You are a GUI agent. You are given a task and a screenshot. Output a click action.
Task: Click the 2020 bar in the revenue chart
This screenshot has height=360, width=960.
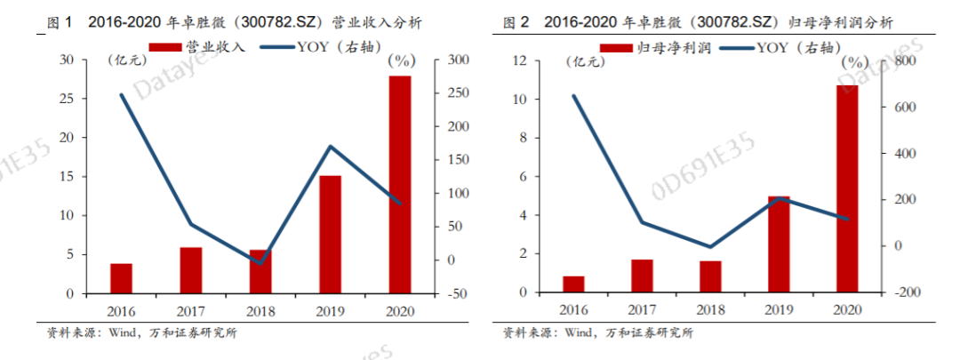click(x=399, y=185)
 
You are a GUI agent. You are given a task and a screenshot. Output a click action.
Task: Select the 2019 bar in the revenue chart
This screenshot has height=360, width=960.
click(x=330, y=235)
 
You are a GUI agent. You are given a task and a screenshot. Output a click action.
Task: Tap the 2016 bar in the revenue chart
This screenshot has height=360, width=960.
click(x=121, y=278)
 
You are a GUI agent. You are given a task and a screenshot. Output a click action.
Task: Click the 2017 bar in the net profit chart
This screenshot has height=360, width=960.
click(x=643, y=276)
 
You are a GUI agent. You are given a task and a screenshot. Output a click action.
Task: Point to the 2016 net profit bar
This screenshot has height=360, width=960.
click(x=573, y=284)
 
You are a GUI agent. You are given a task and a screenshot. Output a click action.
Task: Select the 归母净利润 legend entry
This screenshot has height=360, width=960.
click(x=657, y=46)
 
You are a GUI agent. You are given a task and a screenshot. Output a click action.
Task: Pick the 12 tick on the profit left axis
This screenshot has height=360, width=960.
click(x=520, y=60)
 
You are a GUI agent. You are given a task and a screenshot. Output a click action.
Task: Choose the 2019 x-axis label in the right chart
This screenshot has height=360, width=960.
click(x=779, y=309)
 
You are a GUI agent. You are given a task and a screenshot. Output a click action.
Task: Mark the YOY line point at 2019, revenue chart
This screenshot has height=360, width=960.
click(x=330, y=147)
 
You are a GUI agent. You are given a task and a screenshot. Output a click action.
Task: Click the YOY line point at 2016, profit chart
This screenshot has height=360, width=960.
click(x=573, y=96)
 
